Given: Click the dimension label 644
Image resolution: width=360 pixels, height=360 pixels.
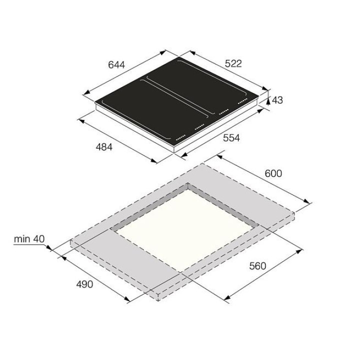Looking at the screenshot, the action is pos(116,64).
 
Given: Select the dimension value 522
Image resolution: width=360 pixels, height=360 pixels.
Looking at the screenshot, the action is pos(233,63).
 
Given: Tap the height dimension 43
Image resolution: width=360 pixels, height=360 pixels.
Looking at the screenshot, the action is pos(277,100).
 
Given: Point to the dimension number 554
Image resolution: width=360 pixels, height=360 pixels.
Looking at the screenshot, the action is pos(231,138).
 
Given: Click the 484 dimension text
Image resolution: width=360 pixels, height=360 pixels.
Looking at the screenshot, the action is pos(104,147).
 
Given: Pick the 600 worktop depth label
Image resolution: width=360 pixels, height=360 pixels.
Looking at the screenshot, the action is pos(273,173).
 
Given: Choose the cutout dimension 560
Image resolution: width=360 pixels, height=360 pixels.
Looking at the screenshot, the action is pos(257,266).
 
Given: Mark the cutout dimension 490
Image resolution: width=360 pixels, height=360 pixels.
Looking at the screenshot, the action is pos(84,284).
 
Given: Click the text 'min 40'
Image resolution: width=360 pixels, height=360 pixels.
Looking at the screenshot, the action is pos(29,239).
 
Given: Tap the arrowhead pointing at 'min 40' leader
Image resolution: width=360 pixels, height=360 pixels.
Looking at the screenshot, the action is pos(49,247).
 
